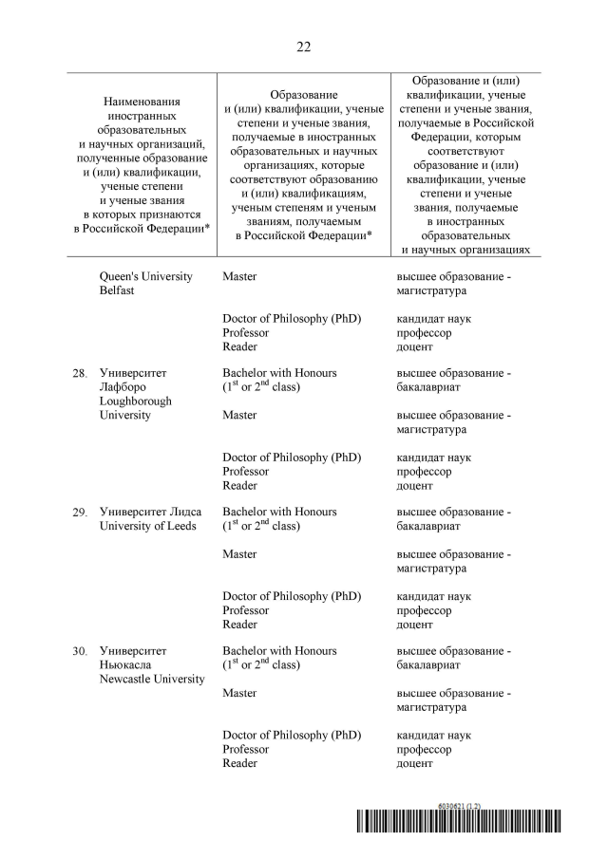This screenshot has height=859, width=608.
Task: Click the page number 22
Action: point(303,46)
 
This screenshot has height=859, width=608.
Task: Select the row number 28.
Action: point(80,374)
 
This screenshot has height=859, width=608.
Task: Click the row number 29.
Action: point(80,513)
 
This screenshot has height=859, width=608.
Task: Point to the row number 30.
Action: point(80,651)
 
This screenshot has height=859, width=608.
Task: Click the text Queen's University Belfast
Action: point(145,284)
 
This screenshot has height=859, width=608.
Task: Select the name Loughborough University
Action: point(135,408)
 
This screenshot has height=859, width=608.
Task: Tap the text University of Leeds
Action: point(150,527)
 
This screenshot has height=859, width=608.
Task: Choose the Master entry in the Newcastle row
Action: point(239,693)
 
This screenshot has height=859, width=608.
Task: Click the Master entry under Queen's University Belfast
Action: point(239,276)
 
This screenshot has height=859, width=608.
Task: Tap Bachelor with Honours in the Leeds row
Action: point(279,512)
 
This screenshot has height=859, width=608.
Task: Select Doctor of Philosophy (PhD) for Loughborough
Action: point(292,457)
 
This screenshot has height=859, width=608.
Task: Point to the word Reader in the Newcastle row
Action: point(239,763)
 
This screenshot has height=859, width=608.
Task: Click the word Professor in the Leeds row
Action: point(245,610)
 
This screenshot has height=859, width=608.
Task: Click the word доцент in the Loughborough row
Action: point(414,486)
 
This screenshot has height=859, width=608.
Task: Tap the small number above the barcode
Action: point(460,806)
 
